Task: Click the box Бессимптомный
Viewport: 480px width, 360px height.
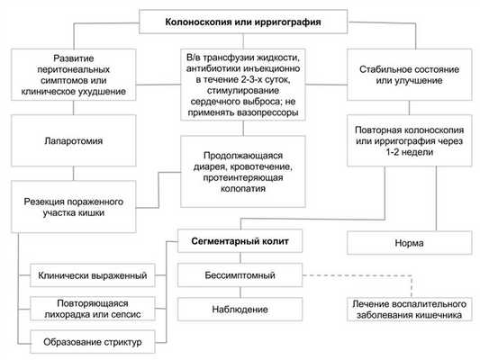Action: [239, 274]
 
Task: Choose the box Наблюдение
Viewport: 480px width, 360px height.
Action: [239, 310]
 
